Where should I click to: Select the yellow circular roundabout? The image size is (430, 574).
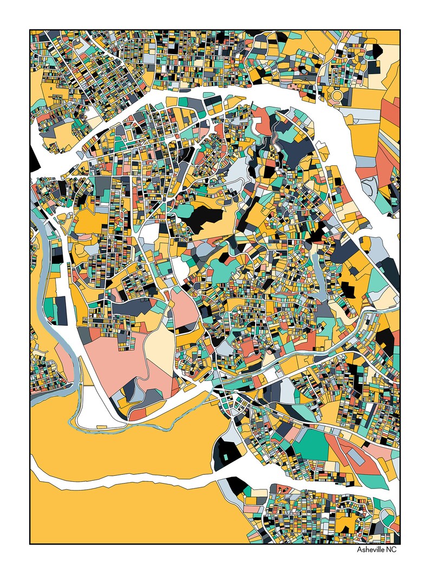point(336,96)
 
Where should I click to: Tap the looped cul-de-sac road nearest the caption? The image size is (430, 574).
point(386,518)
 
